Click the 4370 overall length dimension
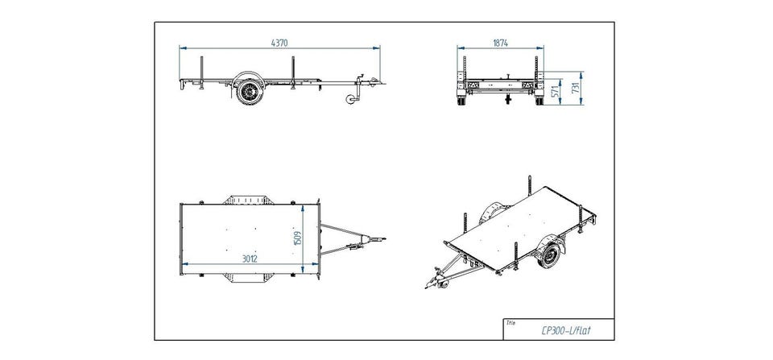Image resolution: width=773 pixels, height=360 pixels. pos(279,43)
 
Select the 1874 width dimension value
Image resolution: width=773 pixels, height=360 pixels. pos(500,43)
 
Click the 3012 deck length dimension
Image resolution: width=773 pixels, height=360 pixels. pos(250,259)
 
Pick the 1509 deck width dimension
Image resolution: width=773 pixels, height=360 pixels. pos(297,238)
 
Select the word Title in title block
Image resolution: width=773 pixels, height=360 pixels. pos(511,322)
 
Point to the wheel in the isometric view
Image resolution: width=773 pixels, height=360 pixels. pos(548,256)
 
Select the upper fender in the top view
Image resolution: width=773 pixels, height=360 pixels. pos(246,200)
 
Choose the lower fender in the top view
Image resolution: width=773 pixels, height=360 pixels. pos(246,278)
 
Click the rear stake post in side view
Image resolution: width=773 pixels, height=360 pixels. pos(201,73)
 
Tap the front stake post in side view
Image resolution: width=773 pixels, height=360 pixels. pos(293,73)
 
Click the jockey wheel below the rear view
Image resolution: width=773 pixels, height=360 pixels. pos(508,99)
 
